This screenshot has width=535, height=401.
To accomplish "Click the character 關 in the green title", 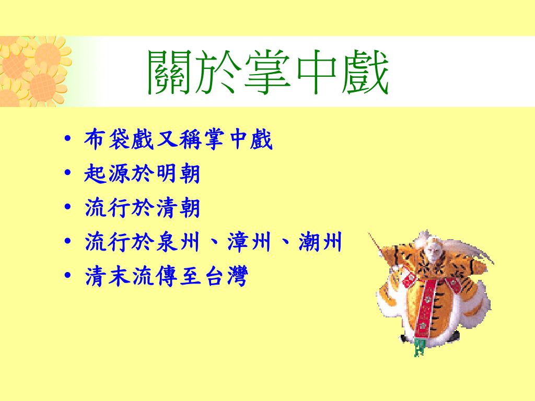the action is click(169, 72).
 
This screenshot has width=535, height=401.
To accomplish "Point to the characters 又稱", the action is click(180, 139).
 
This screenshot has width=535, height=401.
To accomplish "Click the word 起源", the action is click(107, 173).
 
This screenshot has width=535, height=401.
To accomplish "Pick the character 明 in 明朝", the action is click(165, 173).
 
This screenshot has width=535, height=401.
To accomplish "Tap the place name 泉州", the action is click(177, 242).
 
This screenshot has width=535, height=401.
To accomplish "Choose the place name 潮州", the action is click(320, 242).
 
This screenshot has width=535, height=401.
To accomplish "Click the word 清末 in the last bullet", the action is click(107, 276).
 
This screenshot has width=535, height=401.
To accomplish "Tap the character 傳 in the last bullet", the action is click(166, 276).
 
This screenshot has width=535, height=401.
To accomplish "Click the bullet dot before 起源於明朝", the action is click(67, 172).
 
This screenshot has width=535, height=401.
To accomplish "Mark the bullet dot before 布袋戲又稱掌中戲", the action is click(67, 138).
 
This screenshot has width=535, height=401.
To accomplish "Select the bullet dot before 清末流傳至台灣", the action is click(67, 275).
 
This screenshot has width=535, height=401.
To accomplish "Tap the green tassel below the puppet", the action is click(420, 348).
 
